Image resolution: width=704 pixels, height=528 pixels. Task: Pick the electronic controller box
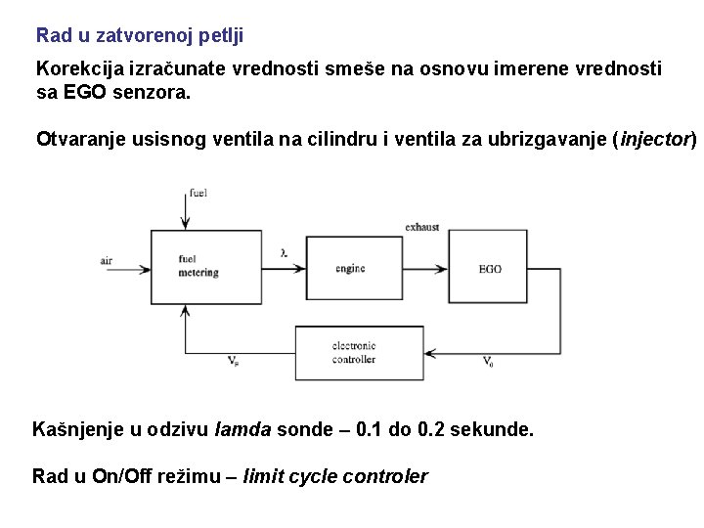pos(359,353)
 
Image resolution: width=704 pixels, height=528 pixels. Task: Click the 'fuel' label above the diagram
pos(199,193)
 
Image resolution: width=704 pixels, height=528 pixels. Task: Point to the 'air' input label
pos(107,260)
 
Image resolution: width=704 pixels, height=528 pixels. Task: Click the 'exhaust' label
pos(422,227)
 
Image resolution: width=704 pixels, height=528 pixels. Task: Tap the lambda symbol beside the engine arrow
pos(284,253)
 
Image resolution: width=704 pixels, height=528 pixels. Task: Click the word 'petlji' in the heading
pos(220,36)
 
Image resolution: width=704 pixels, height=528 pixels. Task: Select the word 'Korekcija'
pos(74,69)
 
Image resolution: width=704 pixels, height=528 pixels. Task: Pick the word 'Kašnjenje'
pos(74,429)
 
